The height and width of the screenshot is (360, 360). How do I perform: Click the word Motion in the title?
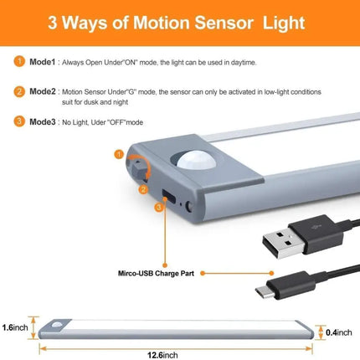click(x=161, y=23)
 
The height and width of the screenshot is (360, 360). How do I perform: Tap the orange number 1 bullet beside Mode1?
click(x=19, y=62)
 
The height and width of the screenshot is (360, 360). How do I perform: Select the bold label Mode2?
click(x=43, y=91)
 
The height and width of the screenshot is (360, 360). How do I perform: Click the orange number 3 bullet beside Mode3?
click(x=19, y=121)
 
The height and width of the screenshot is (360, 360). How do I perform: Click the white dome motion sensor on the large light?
click(x=197, y=160)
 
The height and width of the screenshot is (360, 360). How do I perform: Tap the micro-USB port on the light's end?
click(x=169, y=196)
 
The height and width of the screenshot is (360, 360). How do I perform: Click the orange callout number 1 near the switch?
click(x=119, y=154)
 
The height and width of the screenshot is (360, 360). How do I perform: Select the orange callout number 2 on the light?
click(x=143, y=190)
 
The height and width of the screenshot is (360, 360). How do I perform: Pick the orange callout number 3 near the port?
click(x=159, y=208)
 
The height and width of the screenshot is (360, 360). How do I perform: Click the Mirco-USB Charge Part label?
click(x=156, y=273)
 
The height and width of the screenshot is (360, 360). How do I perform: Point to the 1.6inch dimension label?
click(x=15, y=327)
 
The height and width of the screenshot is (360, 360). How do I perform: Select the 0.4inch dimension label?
click(x=339, y=332)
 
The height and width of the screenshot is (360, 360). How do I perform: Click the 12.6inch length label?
click(x=162, y=355)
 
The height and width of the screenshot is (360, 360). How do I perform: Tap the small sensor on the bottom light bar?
click(x=57, y=325)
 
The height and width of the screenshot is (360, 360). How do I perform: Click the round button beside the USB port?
click(x=189, y=207)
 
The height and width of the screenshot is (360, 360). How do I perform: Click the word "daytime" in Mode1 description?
click(x=244, y=63)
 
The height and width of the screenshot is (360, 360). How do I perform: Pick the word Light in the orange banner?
click(x=284, y=23)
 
